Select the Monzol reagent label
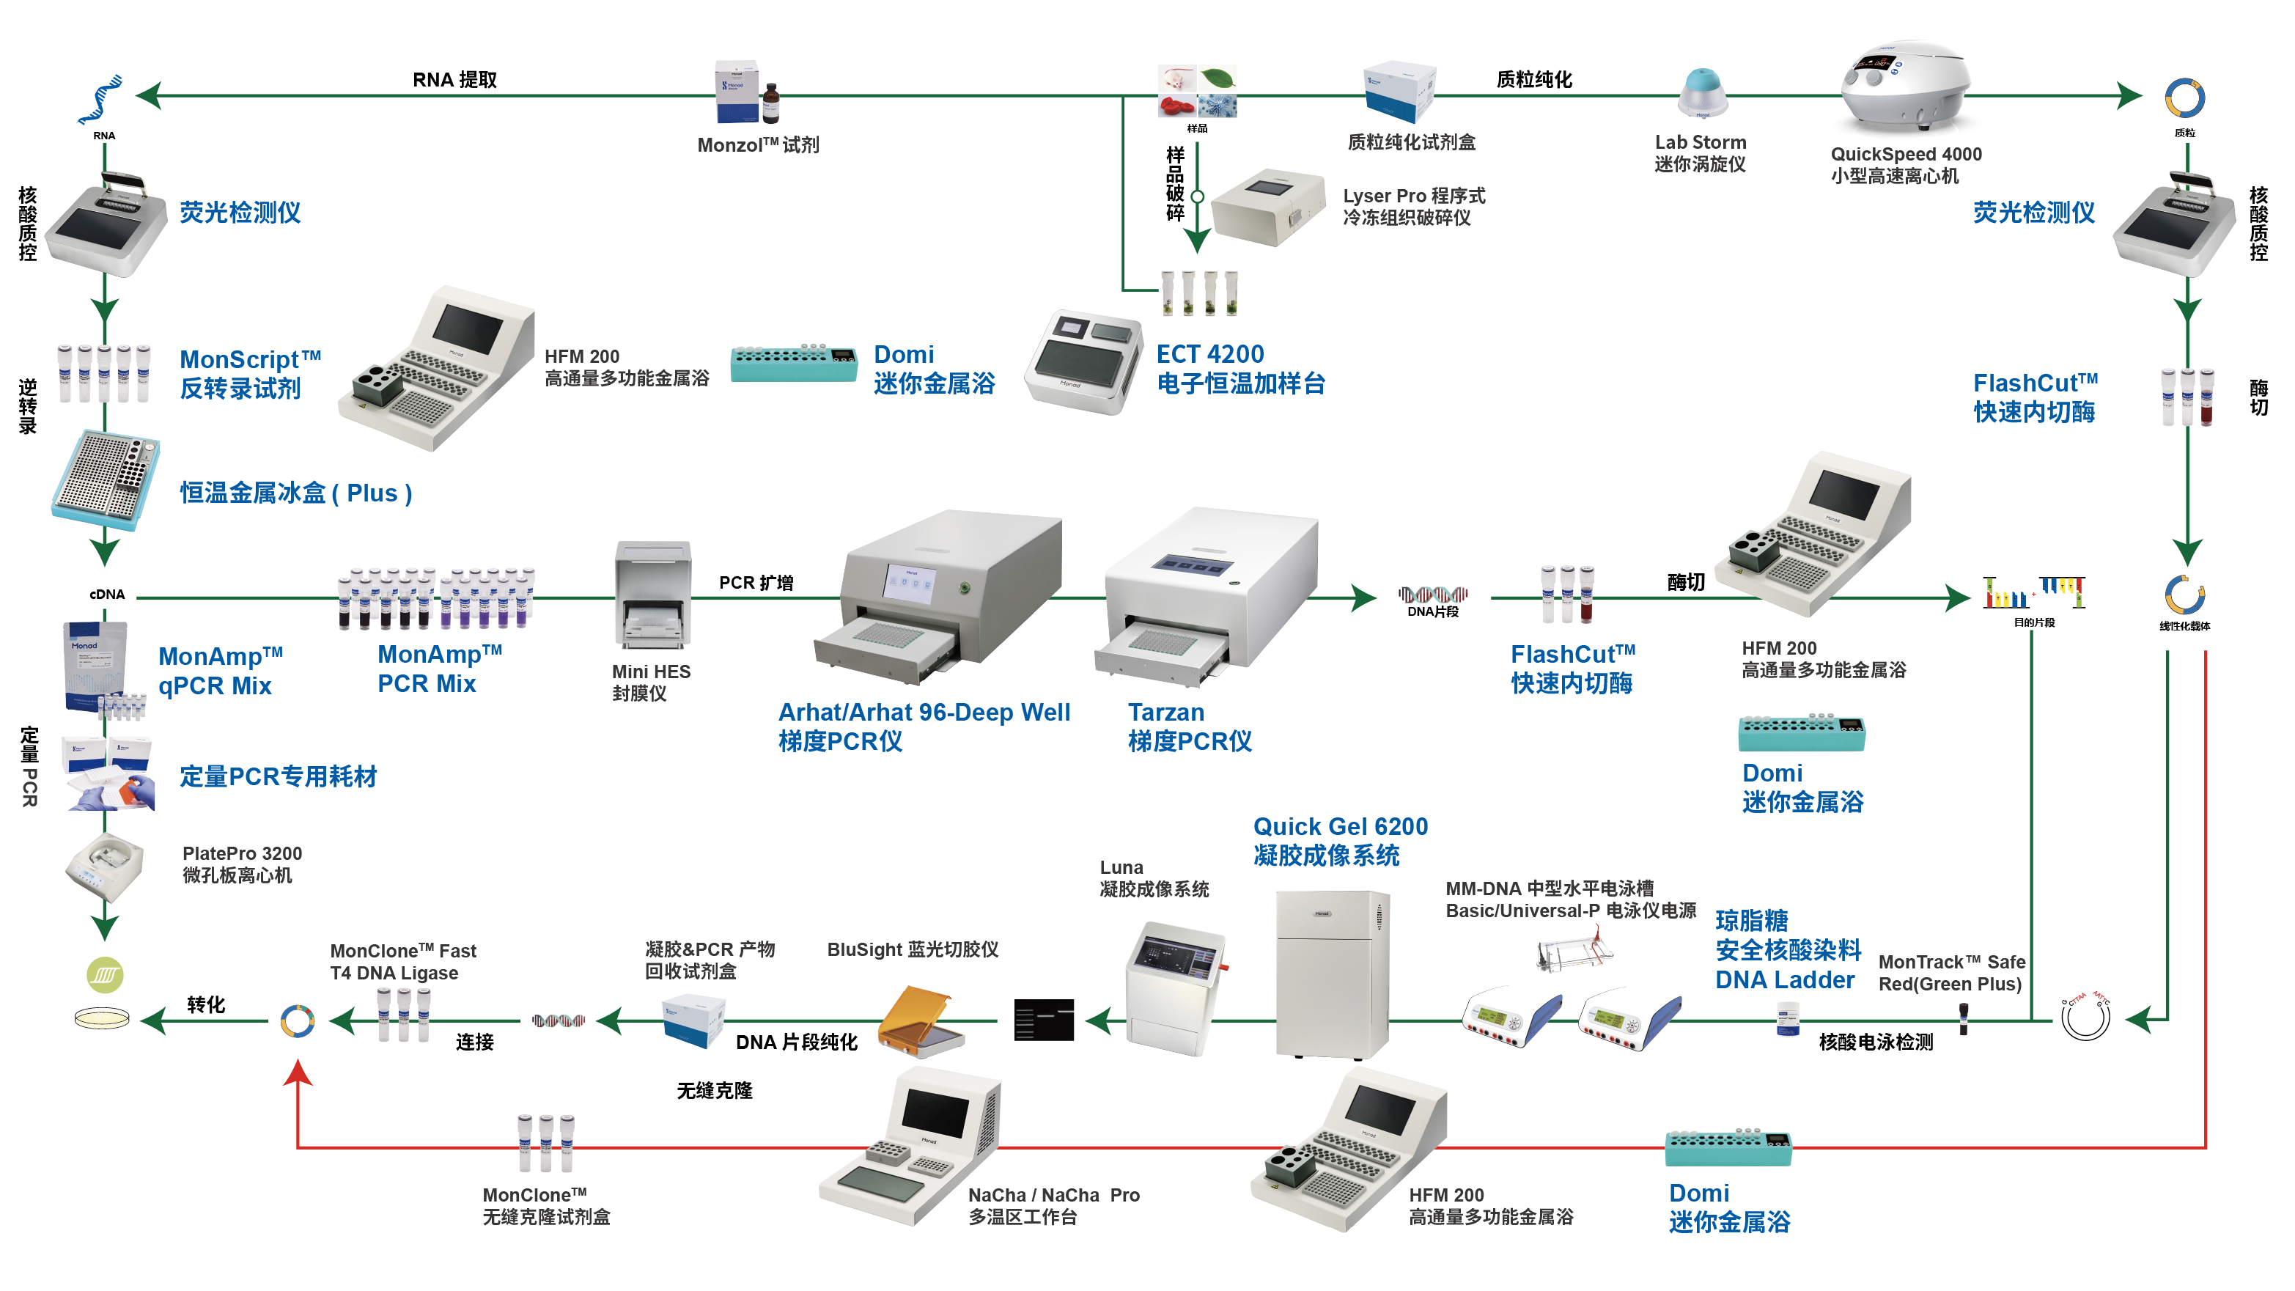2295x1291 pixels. coord(757,145)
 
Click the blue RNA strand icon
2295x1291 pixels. coord(100,100)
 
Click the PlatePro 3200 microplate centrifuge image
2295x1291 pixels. coord(104,869)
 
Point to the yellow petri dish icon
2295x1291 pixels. coord(102,1018)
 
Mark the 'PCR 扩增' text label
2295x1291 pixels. coord(756,583)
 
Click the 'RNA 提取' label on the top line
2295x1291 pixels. coord(454,80)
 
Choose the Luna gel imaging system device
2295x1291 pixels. coord(1176,988)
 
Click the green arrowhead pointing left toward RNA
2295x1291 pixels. coord(149,95)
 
